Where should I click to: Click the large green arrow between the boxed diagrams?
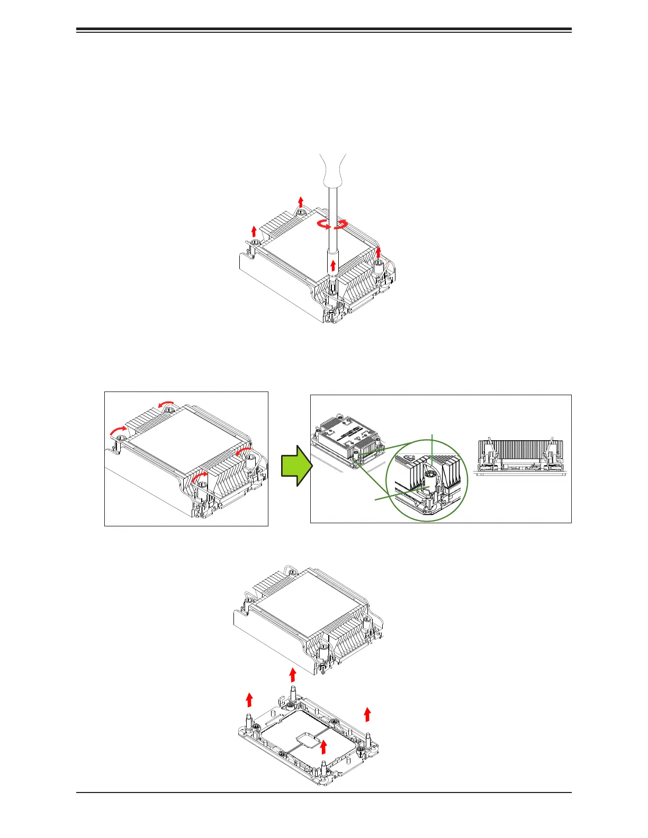tap(295, 465)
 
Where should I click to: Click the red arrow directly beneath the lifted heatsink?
tap(292, 675)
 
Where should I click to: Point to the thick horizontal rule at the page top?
tap(324, 30)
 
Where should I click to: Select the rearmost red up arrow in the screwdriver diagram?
tap(301, 202)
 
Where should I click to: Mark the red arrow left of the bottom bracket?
tap(249, 699)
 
